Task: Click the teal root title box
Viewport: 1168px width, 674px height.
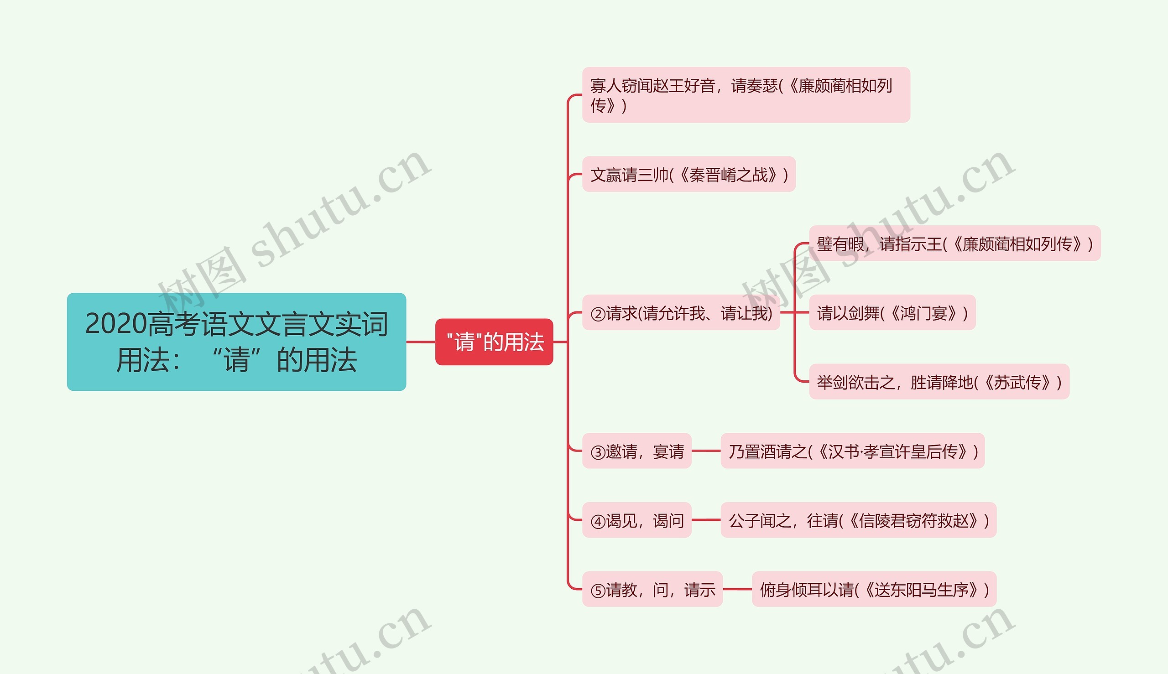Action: pyautogui.click(x=236, y=342)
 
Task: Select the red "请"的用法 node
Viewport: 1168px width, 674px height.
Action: pyautogui.click(x=494, y=342)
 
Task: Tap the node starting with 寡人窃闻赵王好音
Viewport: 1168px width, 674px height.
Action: pyautogui.click(x=746, y=95)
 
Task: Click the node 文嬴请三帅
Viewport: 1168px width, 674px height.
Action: pyautogui.click(x=688, y=175)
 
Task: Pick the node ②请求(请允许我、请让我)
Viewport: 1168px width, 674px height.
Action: pyautogui.click(x=681, y=313)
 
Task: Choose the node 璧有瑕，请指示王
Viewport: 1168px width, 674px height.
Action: pyautogui.click(x=954, y=244)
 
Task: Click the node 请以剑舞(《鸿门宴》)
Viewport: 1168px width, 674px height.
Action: pyautogui.click(x=892, y=313)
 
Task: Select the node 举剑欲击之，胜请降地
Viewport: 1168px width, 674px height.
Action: pyautogui.click(x=939, y=382)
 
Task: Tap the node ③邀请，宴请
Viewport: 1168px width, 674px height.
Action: pyautogui.click(x=636, y=451)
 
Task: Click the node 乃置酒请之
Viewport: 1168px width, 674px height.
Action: pyautogui.click(x=852, y=451)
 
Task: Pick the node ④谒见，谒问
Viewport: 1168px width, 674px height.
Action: pyautogui.click(x=636, y=520)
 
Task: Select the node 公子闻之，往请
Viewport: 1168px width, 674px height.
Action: pyautogui.click(x=858, y=520)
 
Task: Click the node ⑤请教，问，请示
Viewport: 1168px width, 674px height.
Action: pyautogui.click(x=652, y=589)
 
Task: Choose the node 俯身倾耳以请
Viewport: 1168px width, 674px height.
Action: pyautogui.click(x=873, y=589)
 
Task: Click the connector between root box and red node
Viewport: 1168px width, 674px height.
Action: pyautogui.click(x=421, y=342)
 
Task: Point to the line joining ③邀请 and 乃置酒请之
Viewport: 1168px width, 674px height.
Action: pyautogui.click(x=706, y=451)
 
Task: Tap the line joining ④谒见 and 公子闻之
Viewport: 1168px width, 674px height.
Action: pyautogui.click(x=706, y=520)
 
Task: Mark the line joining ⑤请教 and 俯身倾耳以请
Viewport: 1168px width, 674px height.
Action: pyautogui.click(x=737, y=589)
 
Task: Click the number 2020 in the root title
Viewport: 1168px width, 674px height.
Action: pyautogui.click(x=116, y=324)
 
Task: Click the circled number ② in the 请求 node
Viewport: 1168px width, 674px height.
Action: pyautogui.click(x=597, y=314)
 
